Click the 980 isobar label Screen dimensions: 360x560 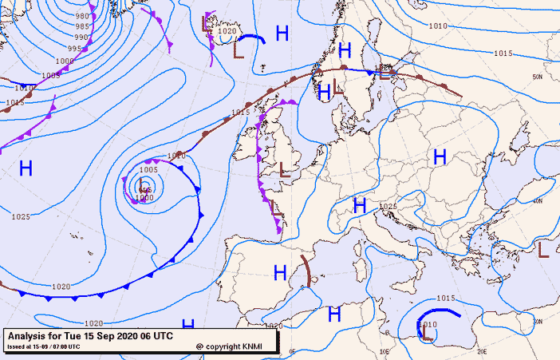click(82, 16)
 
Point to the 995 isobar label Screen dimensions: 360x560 click(74, 49)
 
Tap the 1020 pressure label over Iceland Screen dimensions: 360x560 click(227, 32)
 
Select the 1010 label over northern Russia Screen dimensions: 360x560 click(438, 26)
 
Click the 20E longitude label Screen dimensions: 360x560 click(482, 350)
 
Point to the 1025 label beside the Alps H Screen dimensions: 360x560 click(388, 207)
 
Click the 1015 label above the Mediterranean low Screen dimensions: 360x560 click(445, 299)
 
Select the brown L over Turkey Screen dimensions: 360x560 click(543, 249)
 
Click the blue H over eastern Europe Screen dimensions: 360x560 click(439, 157)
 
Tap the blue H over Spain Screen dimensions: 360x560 click(280, 273)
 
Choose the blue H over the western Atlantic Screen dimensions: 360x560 click(26, 168)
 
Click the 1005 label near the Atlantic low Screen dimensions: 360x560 click(149, 169)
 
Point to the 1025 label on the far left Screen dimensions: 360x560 click(21, 216)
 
